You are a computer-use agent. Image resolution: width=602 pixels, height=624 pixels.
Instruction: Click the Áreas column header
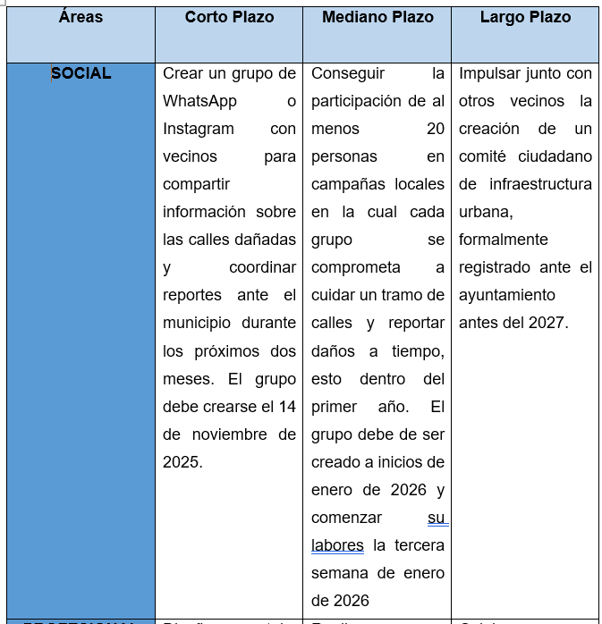[81, 17]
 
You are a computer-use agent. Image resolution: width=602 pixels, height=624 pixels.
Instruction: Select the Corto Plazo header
[229, 17]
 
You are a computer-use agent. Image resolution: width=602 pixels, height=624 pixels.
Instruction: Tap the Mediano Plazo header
[377, 17]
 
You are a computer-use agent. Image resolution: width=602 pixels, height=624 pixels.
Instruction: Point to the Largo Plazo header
[524, 17]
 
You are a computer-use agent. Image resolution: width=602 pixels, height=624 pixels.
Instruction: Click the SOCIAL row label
[81, 73]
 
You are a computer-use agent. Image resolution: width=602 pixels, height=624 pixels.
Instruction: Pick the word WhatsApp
[199, 101]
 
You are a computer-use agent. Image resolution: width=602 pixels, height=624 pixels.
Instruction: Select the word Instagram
[199, 129]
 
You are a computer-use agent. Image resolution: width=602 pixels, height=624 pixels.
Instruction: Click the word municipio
[196, 323]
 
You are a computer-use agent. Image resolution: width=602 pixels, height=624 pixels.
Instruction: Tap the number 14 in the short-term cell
[287, 407]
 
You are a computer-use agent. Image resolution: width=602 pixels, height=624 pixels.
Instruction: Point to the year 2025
[182, 462]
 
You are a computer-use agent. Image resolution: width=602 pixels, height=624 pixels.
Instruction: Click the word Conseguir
[348, 73]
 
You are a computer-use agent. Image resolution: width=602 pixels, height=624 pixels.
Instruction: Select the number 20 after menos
[436, 129]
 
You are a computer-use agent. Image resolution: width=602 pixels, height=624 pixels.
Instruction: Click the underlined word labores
[337, 545]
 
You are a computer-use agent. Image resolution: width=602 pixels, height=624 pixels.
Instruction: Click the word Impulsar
[492, 73]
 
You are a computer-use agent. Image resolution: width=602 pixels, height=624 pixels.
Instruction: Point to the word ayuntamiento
[507, 295]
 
